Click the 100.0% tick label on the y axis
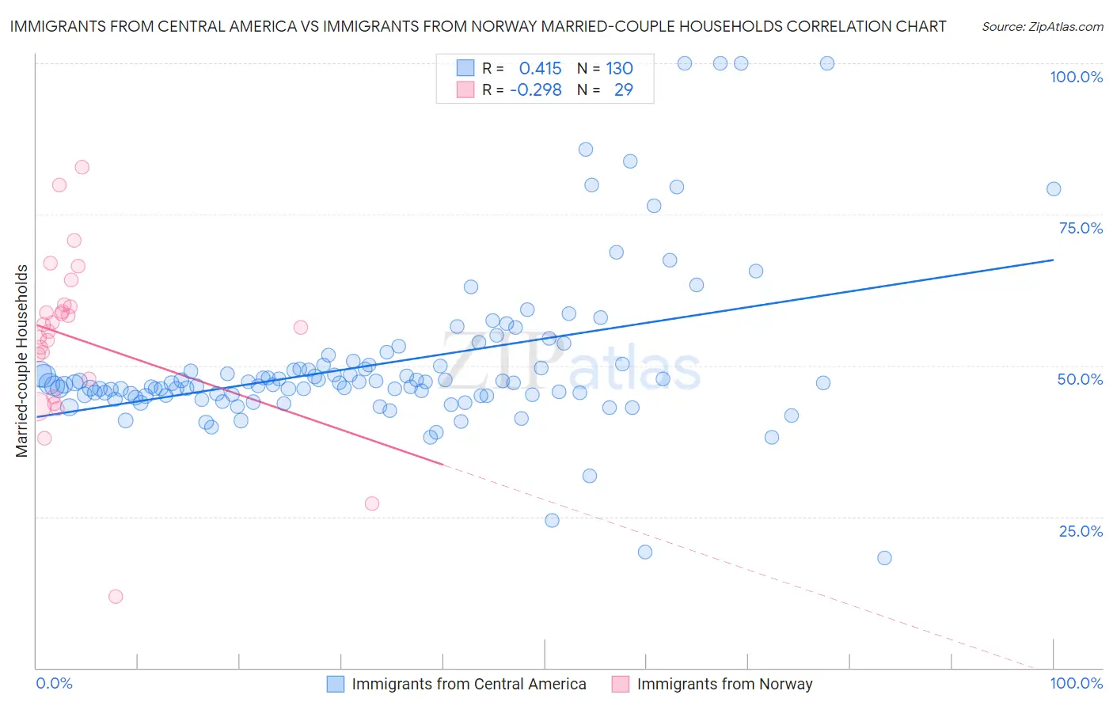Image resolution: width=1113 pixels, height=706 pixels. (x=1076, y=77)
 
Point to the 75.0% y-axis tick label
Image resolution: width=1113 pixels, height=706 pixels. (x=1081, y=228)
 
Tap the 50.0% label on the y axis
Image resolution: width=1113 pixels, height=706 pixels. (x=1080, y=379)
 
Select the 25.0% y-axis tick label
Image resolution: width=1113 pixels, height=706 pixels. (x=1081, y=531)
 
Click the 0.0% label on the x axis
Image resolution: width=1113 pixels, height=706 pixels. (x=54, y=683)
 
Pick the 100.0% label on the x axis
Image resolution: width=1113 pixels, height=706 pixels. (x=1076, y=683)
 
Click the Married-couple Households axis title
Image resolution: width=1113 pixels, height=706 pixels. (x=22, y=361)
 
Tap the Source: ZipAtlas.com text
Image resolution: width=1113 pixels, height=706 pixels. (x=1042, y=27)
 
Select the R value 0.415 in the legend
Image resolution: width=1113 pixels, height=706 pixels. (x=540, y=68)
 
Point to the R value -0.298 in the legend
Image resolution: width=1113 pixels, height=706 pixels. (x=536, y=89)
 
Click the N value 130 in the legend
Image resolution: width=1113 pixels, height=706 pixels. (x=619, y=68)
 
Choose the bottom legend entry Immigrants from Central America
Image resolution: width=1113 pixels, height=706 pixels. (x=469, y=684)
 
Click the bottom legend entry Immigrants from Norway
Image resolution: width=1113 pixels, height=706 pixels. (x=724, y=684)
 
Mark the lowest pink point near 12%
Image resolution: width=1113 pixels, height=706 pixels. (x=116, y=597)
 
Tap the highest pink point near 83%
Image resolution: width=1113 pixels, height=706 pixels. (x=82, y=167)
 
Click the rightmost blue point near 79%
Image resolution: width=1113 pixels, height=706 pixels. (x=1054, y=188)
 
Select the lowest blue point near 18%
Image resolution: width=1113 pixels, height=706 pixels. (x=884, y=558)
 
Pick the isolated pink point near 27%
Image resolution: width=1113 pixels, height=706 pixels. (x=372, y=503)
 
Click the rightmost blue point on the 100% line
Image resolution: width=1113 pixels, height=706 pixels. (x=827, y=63)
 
